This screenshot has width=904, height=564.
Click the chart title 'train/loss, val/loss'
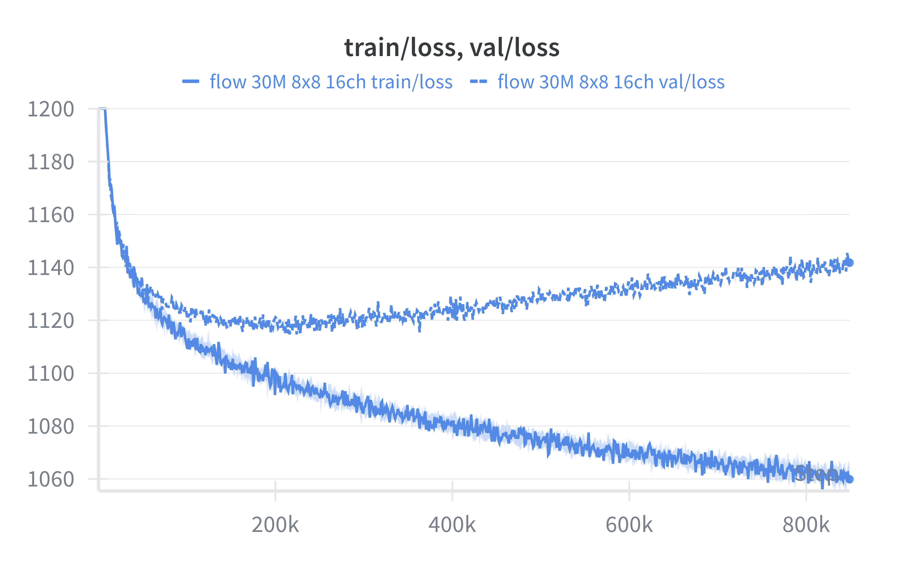point(452,48)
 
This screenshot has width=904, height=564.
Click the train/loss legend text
point(331,82)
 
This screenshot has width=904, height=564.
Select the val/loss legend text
point(611,82)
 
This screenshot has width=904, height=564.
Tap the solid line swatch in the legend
point(191,82)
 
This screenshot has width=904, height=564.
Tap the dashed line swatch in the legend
point(478,82)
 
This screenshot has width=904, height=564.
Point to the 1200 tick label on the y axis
point(51,109)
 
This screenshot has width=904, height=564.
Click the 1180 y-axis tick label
point(51,162)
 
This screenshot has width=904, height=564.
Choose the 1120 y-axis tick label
point(51,321)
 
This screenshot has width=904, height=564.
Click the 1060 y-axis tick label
point(51,479)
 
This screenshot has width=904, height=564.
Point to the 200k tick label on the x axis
point(275,525)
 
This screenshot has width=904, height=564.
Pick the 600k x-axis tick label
point(629,525)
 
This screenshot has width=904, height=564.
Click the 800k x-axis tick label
point(806,525)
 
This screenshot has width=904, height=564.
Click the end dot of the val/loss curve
point(849,263)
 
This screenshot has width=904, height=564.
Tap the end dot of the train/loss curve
point(849,479)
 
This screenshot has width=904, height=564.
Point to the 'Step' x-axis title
point(816,474)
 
